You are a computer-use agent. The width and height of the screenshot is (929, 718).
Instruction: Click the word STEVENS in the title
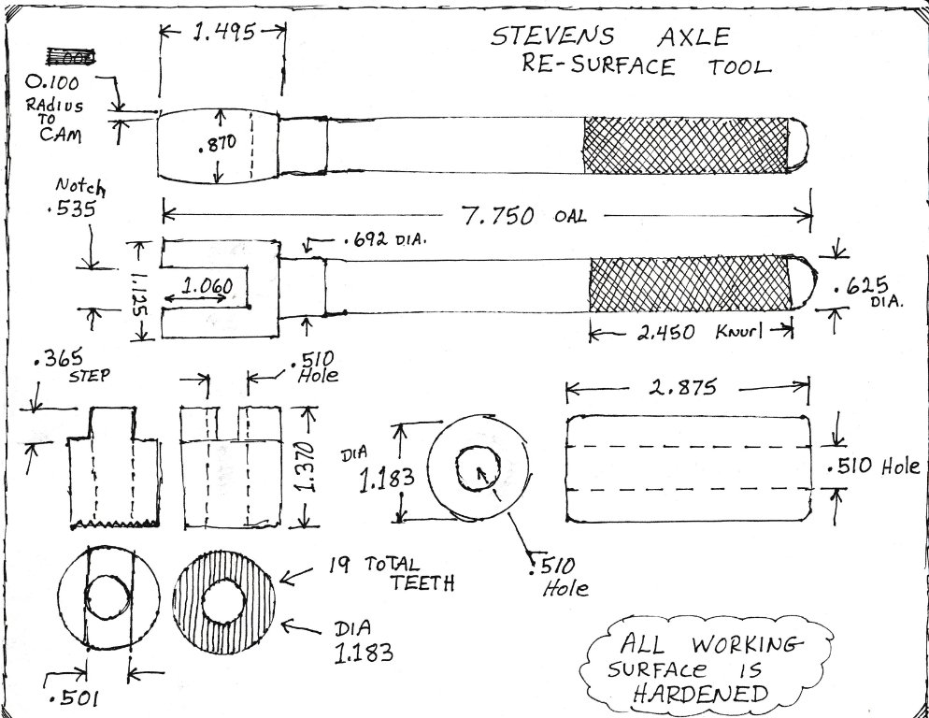[552, 37]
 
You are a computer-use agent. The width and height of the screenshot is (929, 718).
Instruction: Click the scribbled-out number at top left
[70, 57]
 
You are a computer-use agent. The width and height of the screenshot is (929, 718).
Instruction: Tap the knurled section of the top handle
[688, 145]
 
